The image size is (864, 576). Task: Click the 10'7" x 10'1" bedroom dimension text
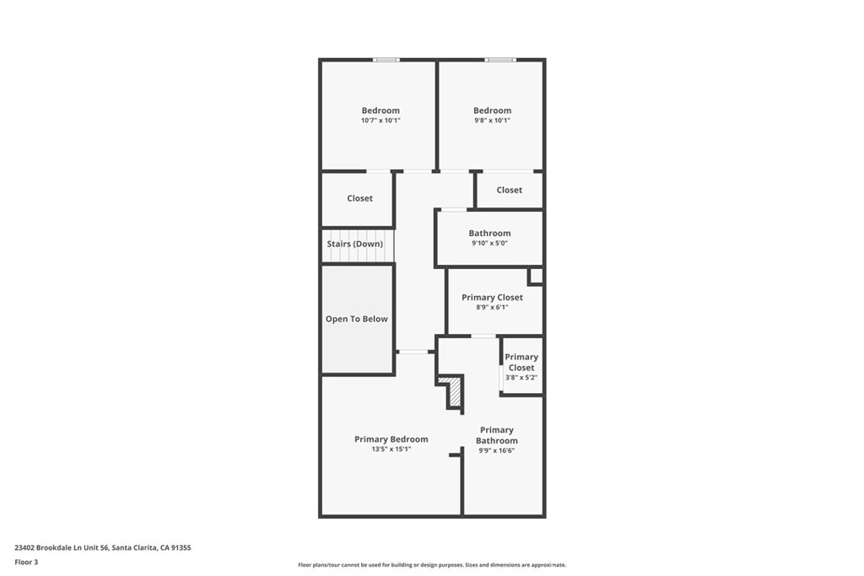click(x=380, y=121)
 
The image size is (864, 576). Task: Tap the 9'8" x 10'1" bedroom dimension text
click(x=491, y=121)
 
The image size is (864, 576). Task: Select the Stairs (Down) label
click(x=354, y=244)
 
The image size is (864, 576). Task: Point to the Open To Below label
click(x=356, y=319)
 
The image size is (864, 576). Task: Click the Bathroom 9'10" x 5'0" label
click(x=489, y=238)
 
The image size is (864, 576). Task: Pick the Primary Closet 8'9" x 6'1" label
click(x=492, y=302)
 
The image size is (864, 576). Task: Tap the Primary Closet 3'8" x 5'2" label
click(x=521, y=367)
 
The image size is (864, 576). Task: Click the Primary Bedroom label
click(x=391, y=439)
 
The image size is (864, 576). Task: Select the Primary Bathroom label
click(x=496, y=435)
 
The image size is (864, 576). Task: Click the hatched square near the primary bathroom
click(x=454, y=392)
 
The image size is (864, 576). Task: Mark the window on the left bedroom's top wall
click(x=386, y=60)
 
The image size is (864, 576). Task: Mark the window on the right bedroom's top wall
click(x=499, y=60)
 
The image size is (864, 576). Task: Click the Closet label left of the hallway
click(x=359, y=198)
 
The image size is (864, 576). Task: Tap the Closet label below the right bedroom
click(x=509, y=190)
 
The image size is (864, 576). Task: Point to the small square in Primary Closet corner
click(x=535, y=276)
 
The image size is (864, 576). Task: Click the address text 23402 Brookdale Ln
click(x=102, y=547)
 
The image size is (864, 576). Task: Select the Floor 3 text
click(x=26, y=562)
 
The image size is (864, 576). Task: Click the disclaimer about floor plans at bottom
click(x=431, y=565)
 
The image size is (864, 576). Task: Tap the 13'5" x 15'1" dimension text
click(x=391, y=449)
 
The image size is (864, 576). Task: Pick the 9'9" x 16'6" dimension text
click(x=496, y=450)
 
